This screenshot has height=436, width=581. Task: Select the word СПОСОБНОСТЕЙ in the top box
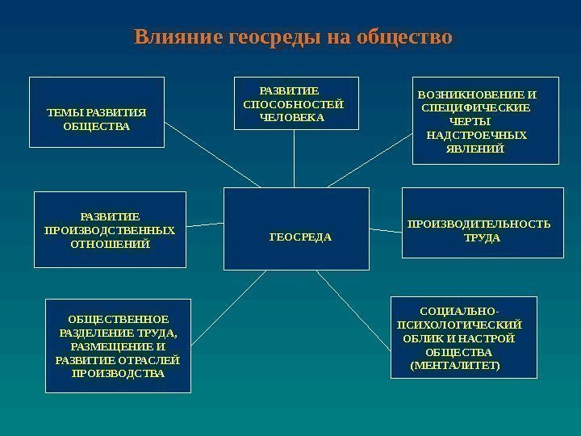click(x=293, y=105)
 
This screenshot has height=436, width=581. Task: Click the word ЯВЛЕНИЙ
click(x=474, y=149)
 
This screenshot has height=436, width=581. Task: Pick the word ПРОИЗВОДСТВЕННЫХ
click(x=110, y=230)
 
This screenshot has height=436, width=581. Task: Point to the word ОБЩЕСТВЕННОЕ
click(x=118, y=319)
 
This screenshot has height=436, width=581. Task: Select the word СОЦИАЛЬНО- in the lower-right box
click(x=459, y=311)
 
